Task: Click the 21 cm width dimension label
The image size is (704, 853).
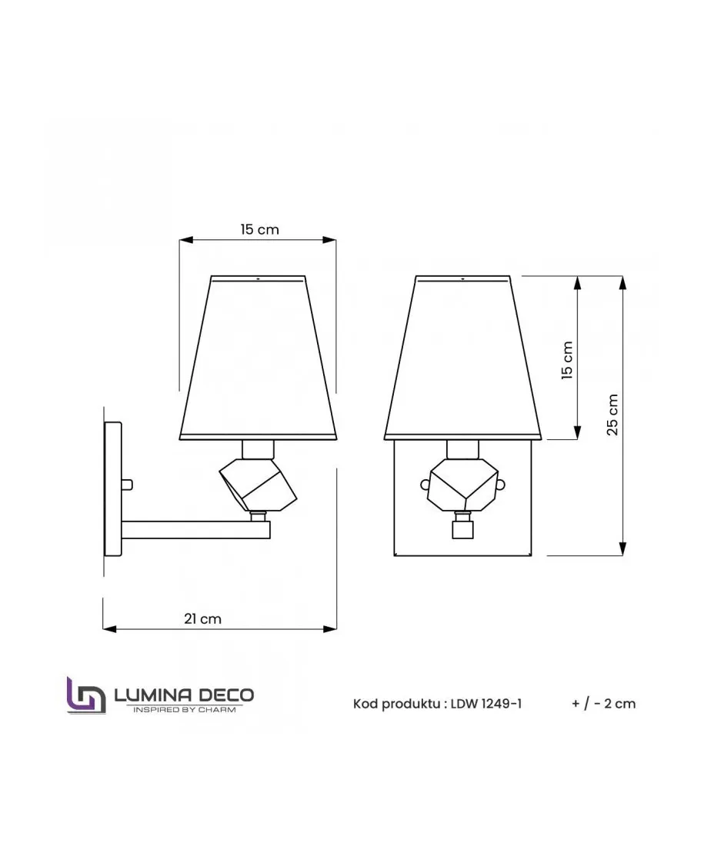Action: pyautogui.click(x=202, y=618)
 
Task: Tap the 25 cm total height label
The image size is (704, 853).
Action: pyautogui.click(x=612, y=415)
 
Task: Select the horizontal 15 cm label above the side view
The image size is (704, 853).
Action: pyautogui.click(x=259, y=229)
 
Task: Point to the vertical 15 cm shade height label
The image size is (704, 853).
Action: pyautogui.click(x=567, y=360)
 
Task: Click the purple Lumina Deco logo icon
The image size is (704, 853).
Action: pyautogui.click(x=86, y=695)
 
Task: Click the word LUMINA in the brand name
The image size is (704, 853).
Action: pyautogui.click(x=152, y=695)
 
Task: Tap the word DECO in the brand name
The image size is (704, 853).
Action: pyautogui.click(x=225, y=695)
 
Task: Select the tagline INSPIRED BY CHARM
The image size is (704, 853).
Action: pyautogui.click(x=185, y=709)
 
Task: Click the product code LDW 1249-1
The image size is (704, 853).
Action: pyautogui.click(x=485, y=704)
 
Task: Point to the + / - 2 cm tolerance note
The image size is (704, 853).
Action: pyautogui.click(x=603, y=704)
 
